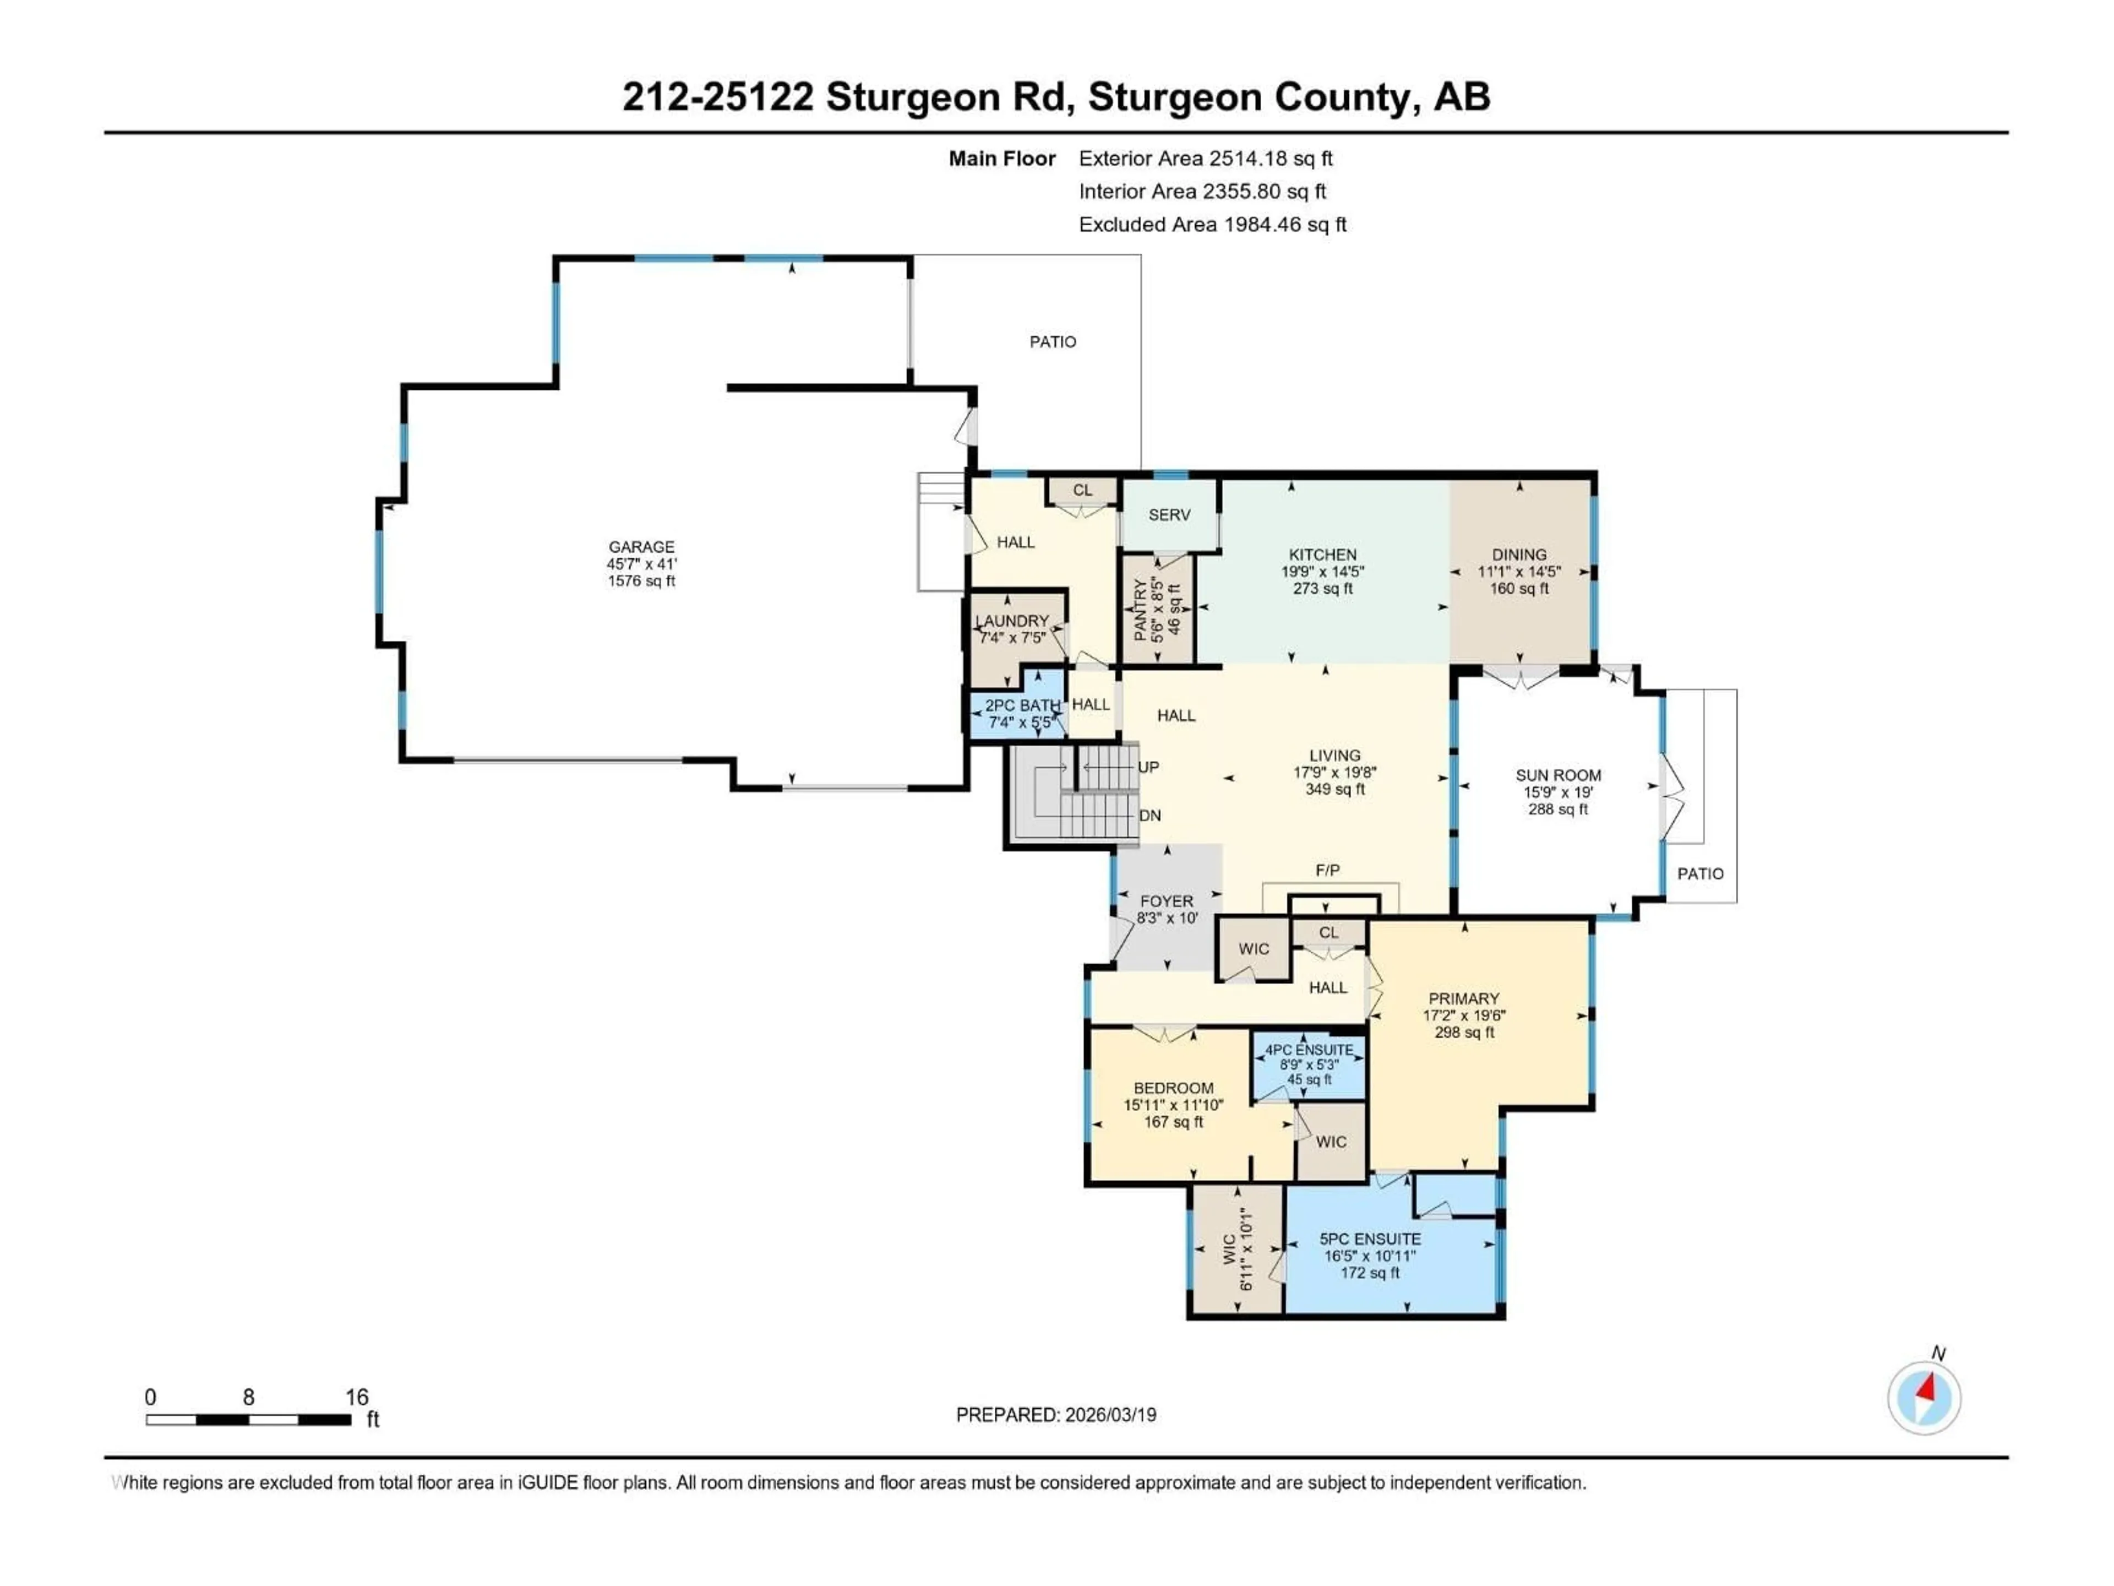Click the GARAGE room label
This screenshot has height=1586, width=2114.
pos(641,547)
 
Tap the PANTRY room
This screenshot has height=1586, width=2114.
pos(1157,609)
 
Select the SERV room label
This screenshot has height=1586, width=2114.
pos(1169,515)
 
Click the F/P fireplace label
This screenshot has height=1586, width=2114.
pos(1327,870)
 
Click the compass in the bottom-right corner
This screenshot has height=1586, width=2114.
pos(1924,1398)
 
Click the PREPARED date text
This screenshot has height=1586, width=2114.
pos(1056,1415)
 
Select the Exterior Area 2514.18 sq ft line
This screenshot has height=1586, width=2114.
pos(1205,159)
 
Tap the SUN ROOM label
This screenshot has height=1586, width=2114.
pos(1558,775)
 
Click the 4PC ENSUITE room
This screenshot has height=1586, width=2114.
pos(1309,1065)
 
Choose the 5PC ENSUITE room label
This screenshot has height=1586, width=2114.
pos(1370,1239)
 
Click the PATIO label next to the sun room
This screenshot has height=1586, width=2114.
pos(1700,874)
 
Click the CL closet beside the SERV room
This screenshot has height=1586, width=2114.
pos(1082,491)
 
